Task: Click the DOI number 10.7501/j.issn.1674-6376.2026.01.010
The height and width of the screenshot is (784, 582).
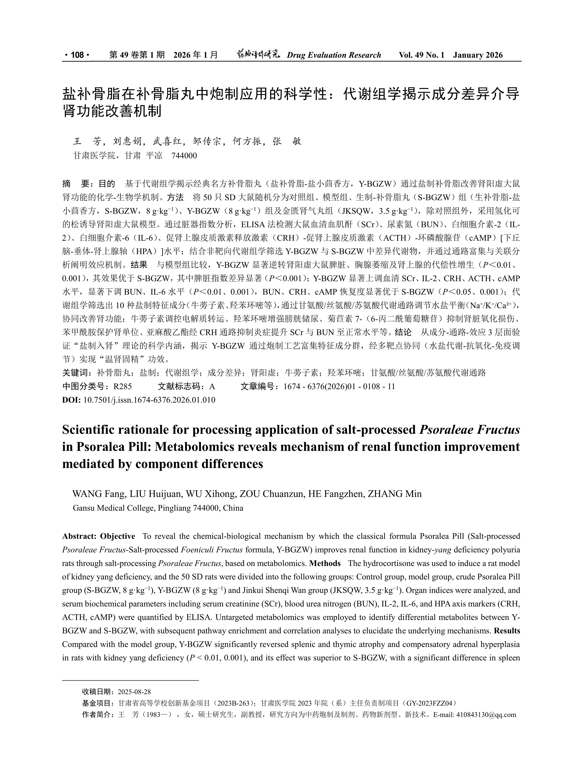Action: [x=149, y=400]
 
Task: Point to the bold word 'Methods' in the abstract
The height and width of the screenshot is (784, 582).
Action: [x=325, y=563]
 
